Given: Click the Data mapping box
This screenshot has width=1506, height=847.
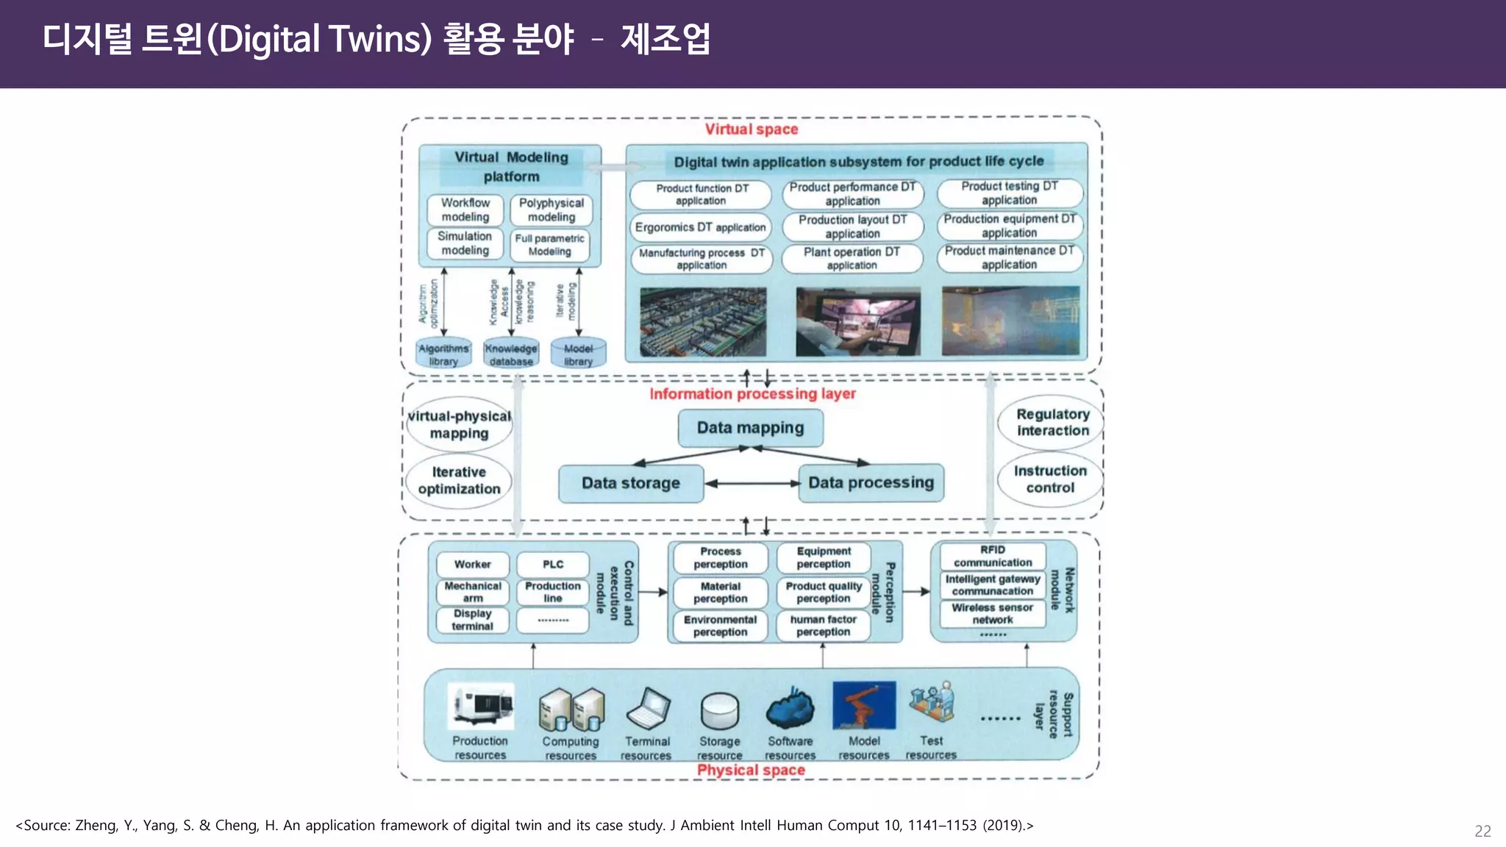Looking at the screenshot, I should click(x=750, y=428).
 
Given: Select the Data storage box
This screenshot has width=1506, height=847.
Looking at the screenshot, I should click(x=631, y=483).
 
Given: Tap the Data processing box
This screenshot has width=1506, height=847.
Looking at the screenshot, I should click(x=871, y=483).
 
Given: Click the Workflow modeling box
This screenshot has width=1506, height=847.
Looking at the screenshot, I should click(x=465, y=210).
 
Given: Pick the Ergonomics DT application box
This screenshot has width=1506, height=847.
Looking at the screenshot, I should click(x=700, y=228).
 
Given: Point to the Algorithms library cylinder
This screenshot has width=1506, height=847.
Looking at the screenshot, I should click(x=443, y=354).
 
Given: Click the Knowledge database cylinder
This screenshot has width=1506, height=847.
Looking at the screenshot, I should click(x=511, y=354).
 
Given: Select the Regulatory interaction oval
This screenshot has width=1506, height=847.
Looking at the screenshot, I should click(x=1052, y=423).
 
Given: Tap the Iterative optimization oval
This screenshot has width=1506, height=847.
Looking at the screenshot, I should click(x=459, y=480).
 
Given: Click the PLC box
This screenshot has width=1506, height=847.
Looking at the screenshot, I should click(x=553, y=565).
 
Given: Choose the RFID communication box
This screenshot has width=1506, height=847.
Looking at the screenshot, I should click(x=992, y=556).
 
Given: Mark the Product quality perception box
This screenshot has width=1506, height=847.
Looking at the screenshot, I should click(x=824, y=592).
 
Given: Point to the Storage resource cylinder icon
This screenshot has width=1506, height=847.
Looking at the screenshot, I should click(x=719, y=710).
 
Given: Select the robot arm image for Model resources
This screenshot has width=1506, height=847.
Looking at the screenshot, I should click(x=864, y=706).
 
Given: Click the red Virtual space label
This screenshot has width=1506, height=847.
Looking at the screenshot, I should click(x=751, y=129).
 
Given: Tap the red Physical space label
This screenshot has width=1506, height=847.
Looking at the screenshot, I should click(x=751, y=770).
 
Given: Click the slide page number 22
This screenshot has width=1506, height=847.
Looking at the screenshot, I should click(x=1482, y=831).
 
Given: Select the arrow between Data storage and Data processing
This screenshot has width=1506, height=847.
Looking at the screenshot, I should click(x=752, y=483).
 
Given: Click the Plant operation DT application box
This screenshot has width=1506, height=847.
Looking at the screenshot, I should click(x=852, y=258).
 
